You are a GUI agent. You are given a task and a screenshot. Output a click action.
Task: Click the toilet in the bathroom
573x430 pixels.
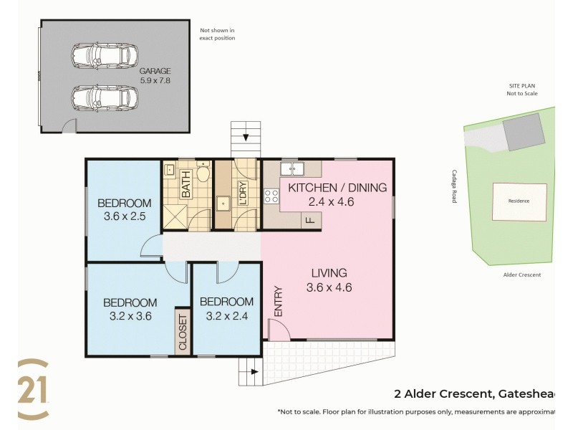pos(203,172)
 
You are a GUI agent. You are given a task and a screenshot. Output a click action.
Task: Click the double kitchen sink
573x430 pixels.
pos(294,170)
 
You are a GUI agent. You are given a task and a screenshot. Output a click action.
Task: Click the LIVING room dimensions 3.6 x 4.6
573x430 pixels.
pos(329,288)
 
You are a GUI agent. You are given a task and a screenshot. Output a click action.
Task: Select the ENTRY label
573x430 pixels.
pos(278,302)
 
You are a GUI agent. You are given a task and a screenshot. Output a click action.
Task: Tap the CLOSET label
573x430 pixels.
pos(182,332)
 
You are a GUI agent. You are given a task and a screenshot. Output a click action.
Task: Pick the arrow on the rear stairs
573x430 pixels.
pos(246,137)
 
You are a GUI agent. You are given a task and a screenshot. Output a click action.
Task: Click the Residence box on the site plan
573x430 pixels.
pos(519,201)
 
